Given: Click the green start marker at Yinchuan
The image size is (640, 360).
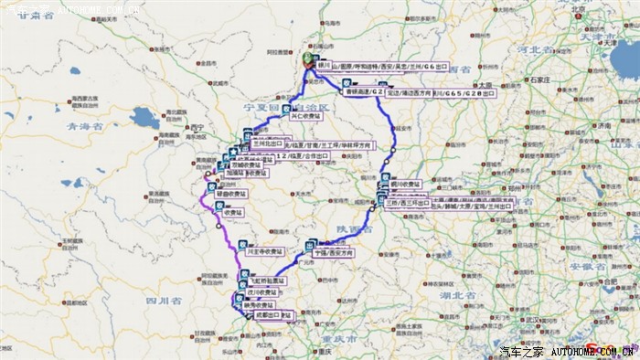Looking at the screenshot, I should click(309, 59).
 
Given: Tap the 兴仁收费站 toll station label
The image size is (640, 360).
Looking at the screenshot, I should click(306, 116).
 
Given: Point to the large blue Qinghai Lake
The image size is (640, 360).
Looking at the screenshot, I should click(144, 118).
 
